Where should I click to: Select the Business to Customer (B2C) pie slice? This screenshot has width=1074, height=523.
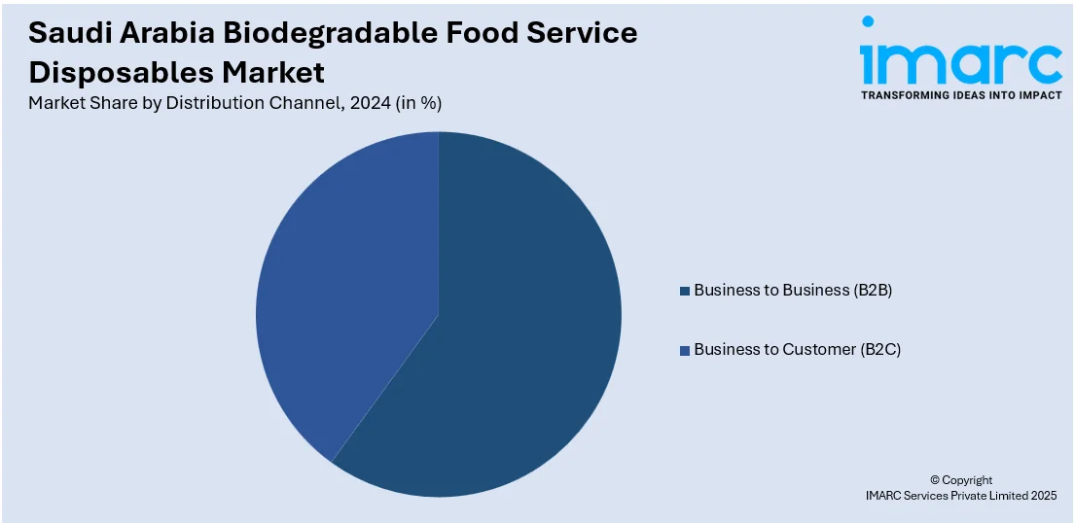[x=340, y=282]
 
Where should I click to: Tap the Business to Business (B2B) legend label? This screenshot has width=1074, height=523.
[x=792, y=290]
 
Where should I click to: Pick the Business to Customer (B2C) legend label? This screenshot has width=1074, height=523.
[x=797, y=349]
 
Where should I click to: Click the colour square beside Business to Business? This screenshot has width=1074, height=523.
[x=685, y=291]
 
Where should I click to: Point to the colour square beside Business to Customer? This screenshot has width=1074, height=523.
[x=685, y=350]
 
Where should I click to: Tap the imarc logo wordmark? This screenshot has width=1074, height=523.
[x=960, y=62]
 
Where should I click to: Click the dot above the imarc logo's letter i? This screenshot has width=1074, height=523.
[x=868, y=21]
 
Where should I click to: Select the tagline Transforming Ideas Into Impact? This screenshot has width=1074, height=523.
[x=960, y=95]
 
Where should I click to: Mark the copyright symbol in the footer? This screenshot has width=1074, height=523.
[x=936, y=480]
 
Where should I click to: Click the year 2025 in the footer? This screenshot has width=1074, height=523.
[x=1040, y=496]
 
